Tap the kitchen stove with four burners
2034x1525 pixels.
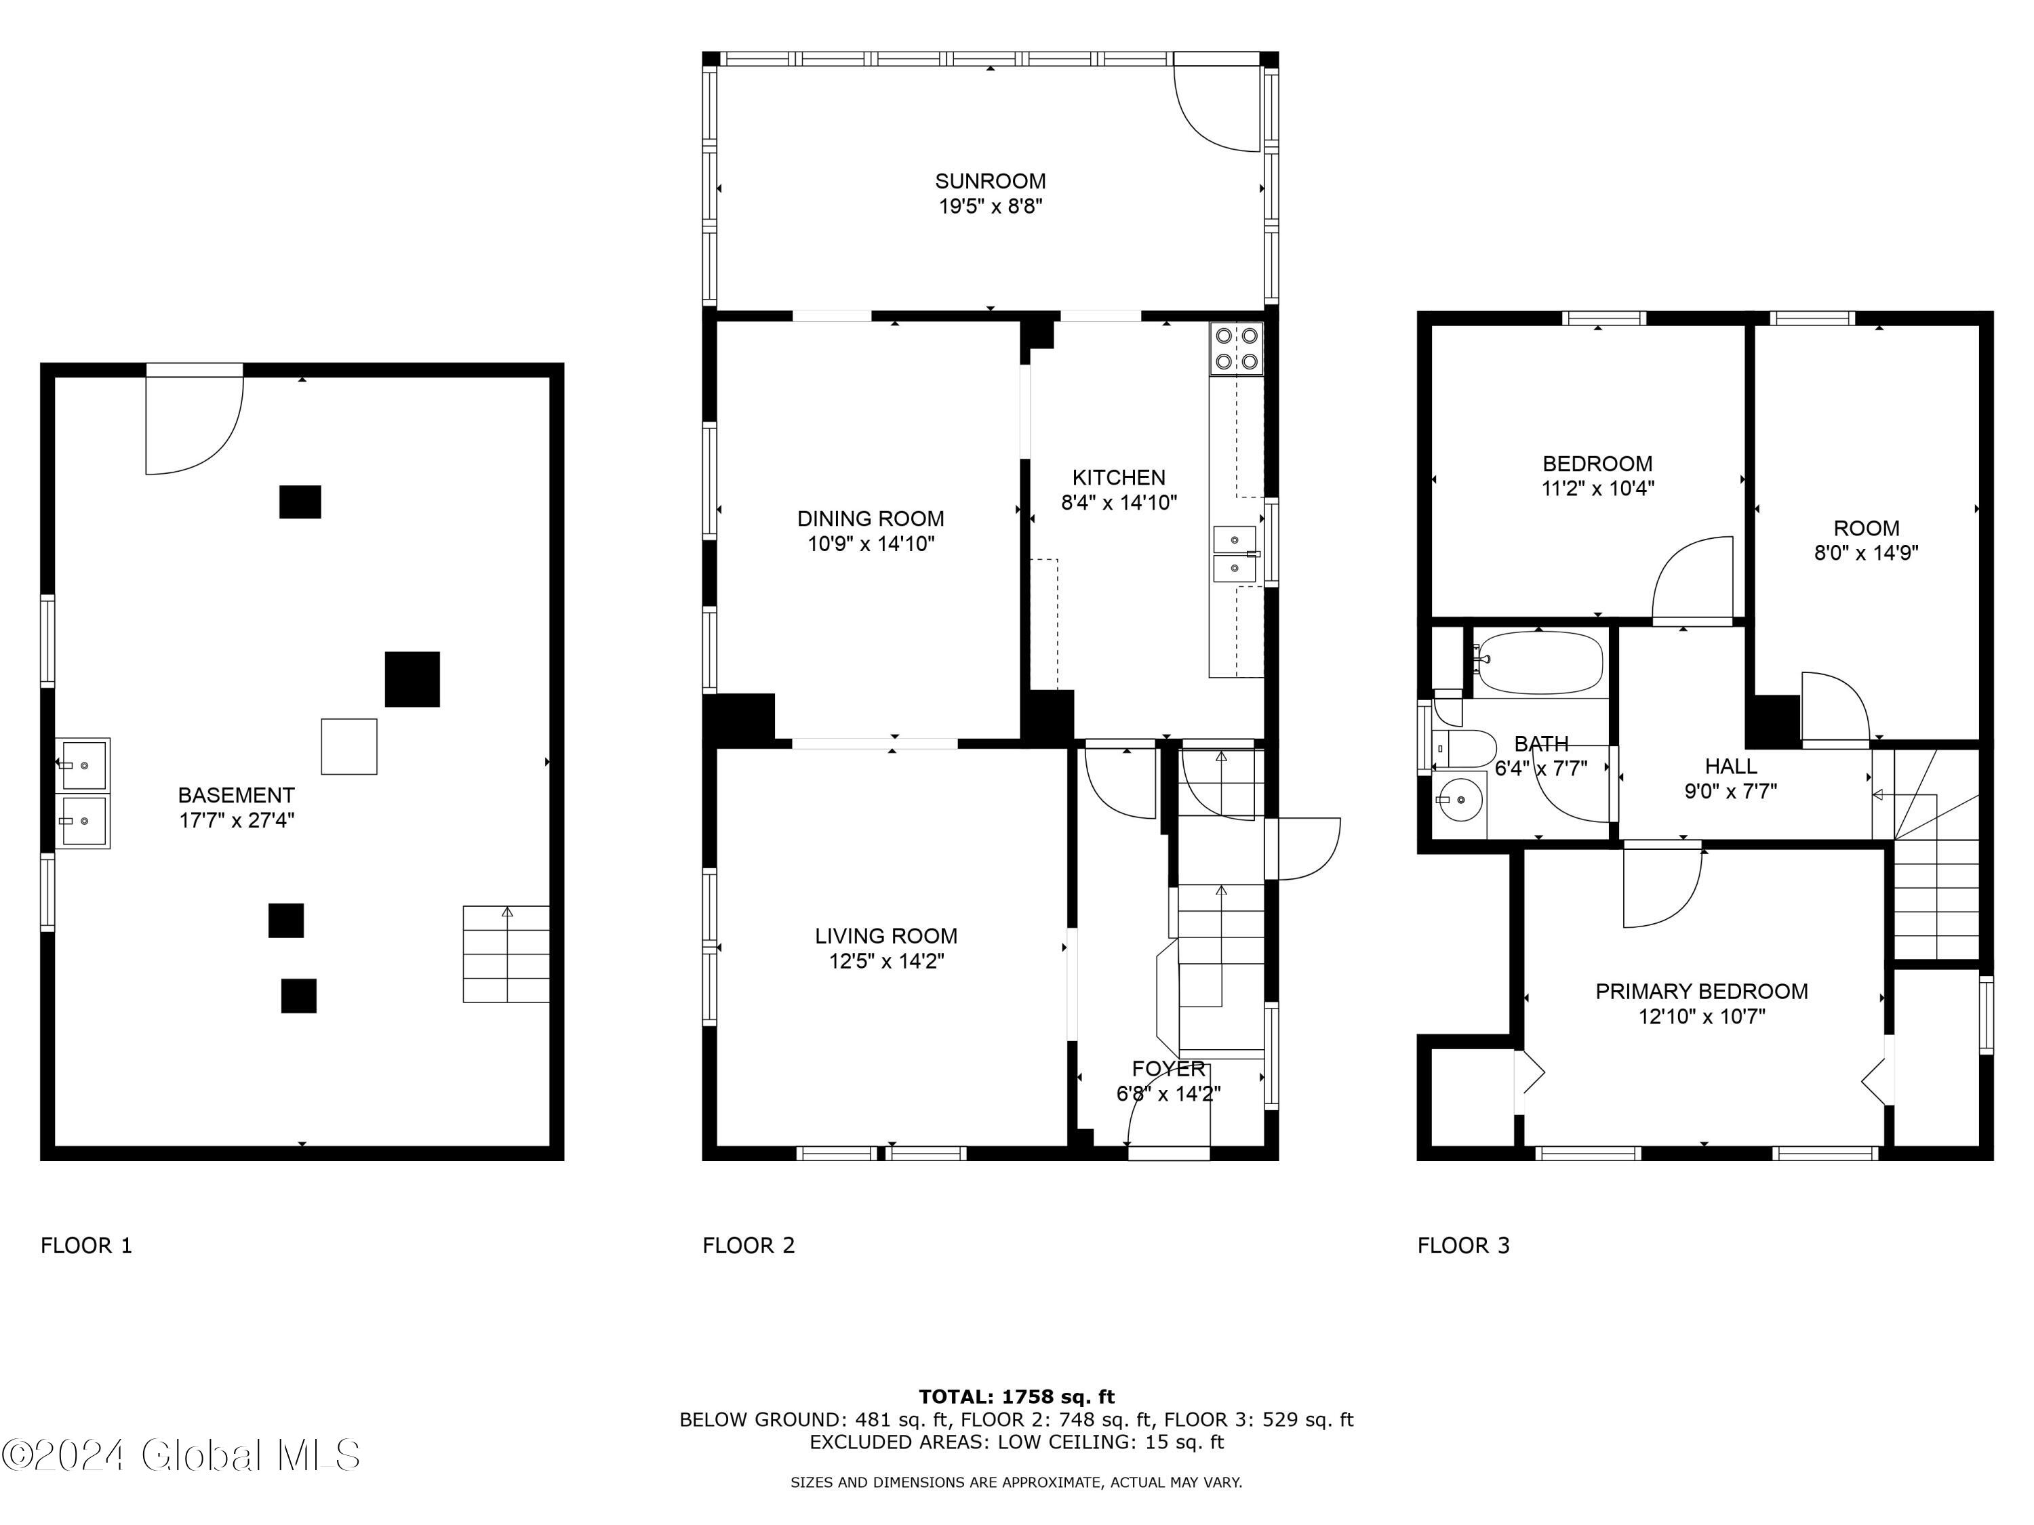1236,348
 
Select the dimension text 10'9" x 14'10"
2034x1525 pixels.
870,544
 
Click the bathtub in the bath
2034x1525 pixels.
1538,663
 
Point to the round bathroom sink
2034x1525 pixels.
1458,800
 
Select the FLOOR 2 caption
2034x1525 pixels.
748,1246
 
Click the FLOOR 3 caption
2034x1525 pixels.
1463,1246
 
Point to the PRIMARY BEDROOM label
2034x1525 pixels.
1701,991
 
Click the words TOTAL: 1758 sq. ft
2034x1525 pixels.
1016,1397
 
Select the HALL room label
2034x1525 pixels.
1730,766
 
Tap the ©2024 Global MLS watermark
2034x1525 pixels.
180,1455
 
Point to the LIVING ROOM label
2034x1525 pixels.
885,936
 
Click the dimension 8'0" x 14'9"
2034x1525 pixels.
1866,553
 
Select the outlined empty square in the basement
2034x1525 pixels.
348,746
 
